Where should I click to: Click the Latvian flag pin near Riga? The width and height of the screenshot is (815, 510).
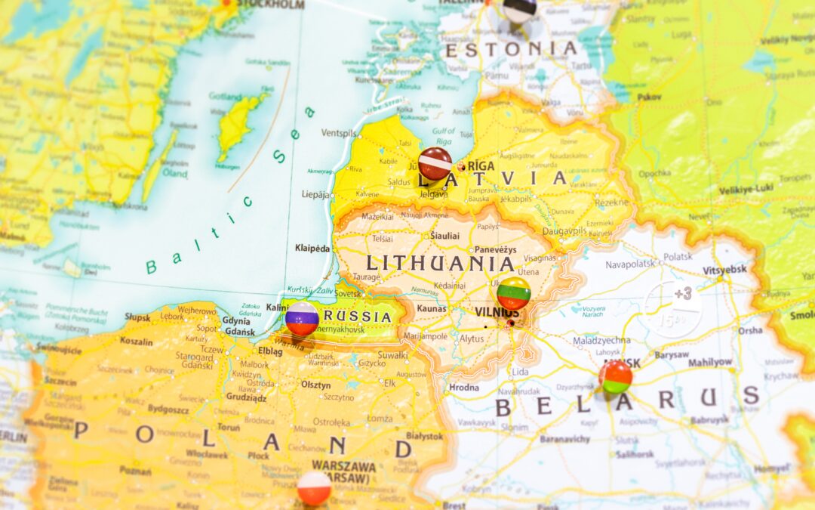[435, 162]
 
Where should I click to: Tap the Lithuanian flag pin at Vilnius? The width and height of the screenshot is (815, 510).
[513, 293]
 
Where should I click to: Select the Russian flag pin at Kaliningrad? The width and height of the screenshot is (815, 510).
[302, 319]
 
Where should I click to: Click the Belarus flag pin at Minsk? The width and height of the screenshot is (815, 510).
[616, 376]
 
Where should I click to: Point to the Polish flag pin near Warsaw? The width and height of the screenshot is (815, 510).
[314, 488]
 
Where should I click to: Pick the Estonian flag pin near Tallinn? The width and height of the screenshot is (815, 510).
[519, 10]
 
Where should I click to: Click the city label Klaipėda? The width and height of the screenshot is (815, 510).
[312, 248]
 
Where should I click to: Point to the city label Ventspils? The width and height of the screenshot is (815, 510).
[339, 133]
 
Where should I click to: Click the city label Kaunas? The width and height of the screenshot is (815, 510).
[432, 308]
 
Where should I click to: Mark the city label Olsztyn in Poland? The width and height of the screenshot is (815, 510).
[315, 385]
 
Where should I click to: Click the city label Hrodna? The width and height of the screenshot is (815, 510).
[463, 388]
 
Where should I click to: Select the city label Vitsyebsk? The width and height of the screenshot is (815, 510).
[724, 270]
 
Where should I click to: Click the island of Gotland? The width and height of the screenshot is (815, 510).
[240, 125]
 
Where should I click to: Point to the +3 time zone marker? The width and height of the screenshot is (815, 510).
[682, 294]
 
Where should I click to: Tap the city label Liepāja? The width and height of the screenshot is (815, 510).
[315, 194]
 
